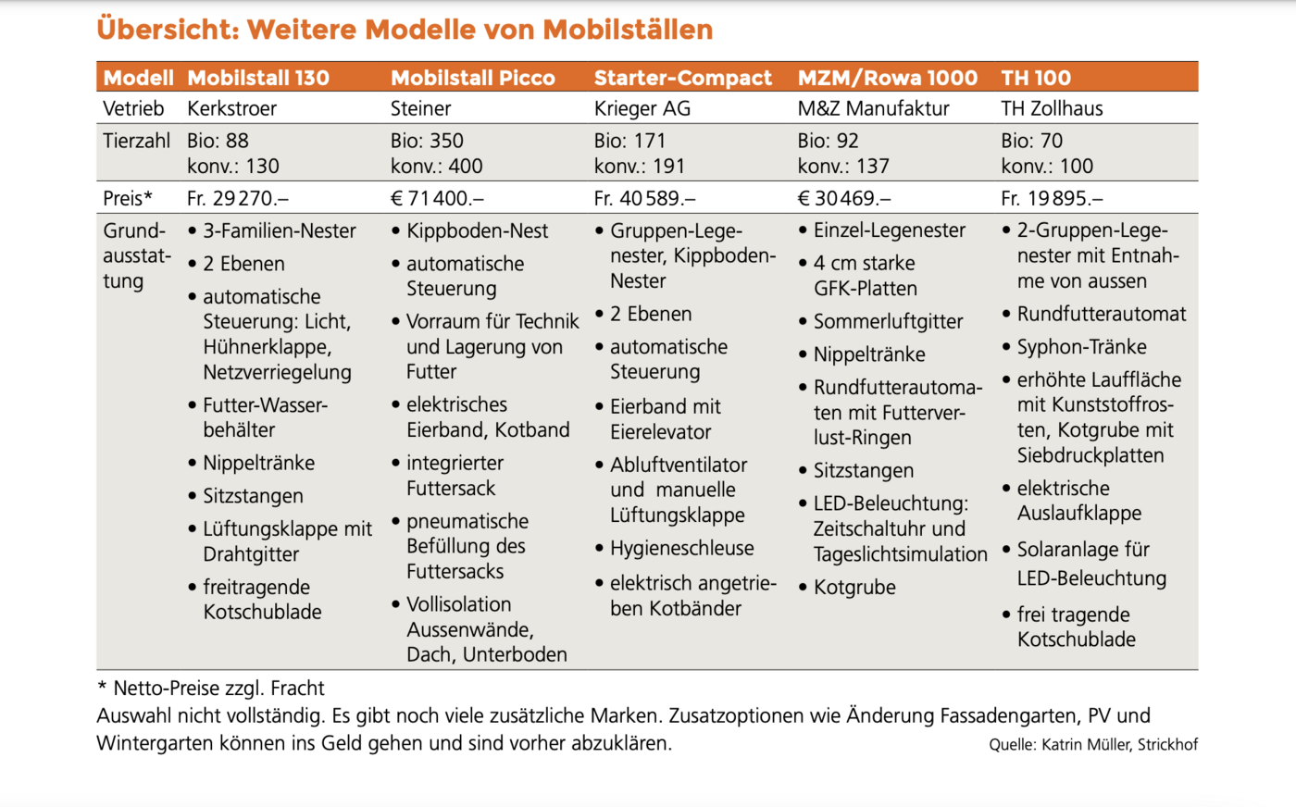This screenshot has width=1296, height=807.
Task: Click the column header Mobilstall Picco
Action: point(473,78)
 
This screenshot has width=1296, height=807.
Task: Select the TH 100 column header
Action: point(1036,78)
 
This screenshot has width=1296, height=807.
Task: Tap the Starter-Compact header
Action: point(682,78)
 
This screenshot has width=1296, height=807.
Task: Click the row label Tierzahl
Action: point(137,141)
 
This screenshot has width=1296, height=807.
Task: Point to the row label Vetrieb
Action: point(133,108)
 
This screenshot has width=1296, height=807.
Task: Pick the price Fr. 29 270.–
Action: point(238,198)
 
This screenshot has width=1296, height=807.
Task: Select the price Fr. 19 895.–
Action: point(1052,198)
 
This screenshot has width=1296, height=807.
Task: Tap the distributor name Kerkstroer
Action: point(232,108)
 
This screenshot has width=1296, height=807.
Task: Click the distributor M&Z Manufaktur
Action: point(873,108)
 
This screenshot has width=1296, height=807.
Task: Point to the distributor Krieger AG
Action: point(642,108)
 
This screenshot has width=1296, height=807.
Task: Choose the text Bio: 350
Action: point(427,141)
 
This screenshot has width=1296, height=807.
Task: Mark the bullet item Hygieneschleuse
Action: point(681,548)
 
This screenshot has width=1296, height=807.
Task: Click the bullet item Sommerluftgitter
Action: point(888,321)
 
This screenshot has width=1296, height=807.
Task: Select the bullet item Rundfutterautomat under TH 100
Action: point(1101,314)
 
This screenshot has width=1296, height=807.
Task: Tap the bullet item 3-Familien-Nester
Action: point(279,230)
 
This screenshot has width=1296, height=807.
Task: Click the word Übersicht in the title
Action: point(167,30)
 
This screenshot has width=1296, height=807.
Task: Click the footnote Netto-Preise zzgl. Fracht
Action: point(218,688)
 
